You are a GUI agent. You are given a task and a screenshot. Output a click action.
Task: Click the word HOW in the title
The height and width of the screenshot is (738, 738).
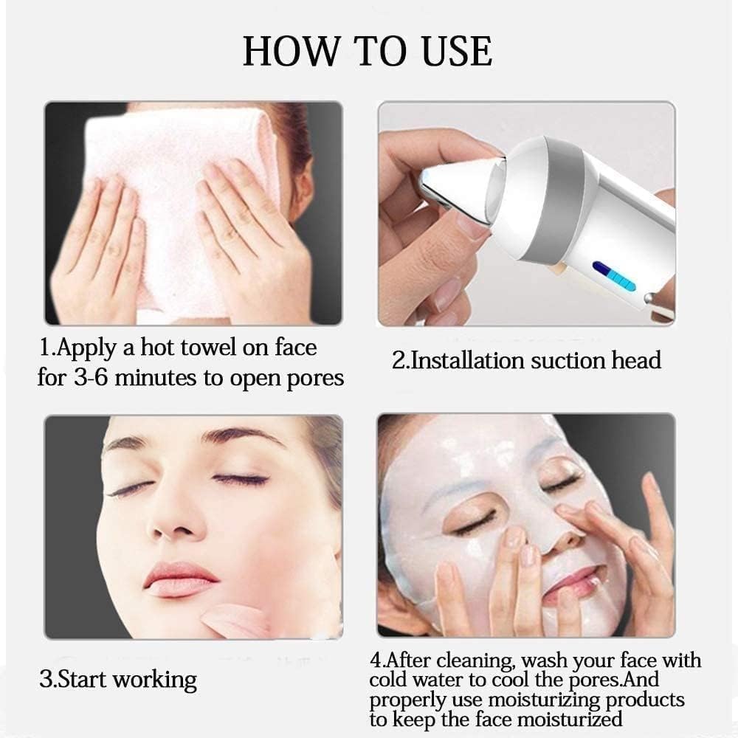pos(291,52)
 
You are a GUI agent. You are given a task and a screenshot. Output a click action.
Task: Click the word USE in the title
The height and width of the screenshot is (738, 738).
pos(457,52)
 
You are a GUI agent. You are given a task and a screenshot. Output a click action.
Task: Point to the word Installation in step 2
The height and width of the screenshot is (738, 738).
pos(467,361)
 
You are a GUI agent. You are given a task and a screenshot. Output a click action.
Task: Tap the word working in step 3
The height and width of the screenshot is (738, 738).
pos(155,680)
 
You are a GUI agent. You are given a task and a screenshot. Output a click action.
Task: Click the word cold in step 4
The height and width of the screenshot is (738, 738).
pos(387,680)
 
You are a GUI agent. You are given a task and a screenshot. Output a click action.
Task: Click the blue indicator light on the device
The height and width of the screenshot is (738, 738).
pos(614,276)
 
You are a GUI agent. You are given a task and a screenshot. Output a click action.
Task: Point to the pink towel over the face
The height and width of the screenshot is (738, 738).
pos(179,212)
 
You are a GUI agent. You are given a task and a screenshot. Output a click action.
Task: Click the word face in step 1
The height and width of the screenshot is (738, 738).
pos(296,348)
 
